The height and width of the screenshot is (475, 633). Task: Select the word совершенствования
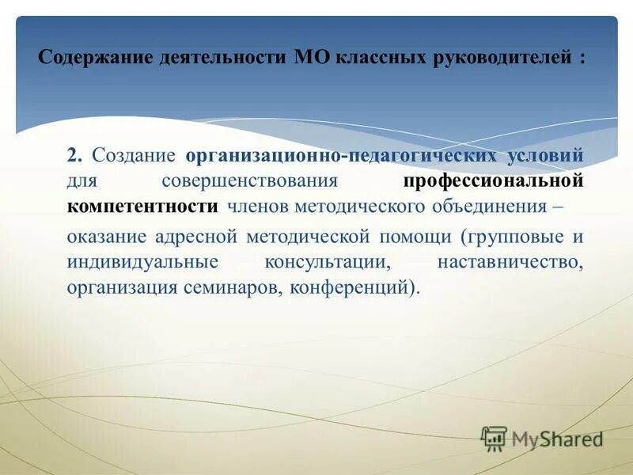251,180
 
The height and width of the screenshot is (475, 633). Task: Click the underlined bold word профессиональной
494,180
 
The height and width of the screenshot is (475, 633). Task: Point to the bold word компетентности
142,207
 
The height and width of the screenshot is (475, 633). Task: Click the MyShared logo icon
495,438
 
